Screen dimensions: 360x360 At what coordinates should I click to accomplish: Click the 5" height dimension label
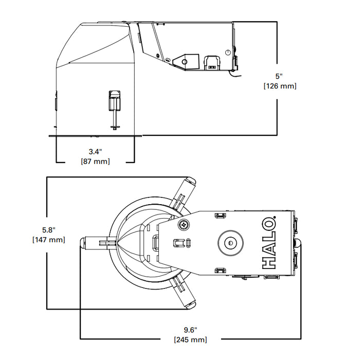pyautogui.click(x=279, y=76)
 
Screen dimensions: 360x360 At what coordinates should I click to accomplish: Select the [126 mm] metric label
pyautogui.click(x=279, y=86)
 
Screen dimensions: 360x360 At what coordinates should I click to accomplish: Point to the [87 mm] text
pyautogui.click(x=95, y=161)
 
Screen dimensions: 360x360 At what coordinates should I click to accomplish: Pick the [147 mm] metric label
pyautogui.click(x=48, y=240)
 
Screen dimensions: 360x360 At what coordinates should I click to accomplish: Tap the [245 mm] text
pyautogui.click(x=191, y=339)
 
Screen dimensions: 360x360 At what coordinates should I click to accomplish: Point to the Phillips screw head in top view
pyautogui.click(x=184, y=224)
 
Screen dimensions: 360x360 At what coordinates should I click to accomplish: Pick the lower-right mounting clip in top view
pyautogui.click(x=186, y=295)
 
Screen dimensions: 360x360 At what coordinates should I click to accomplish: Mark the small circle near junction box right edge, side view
pyautogui.click(x=227, y=52)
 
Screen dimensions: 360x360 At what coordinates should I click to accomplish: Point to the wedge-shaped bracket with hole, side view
pyautogui.click(x=184, y=61)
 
